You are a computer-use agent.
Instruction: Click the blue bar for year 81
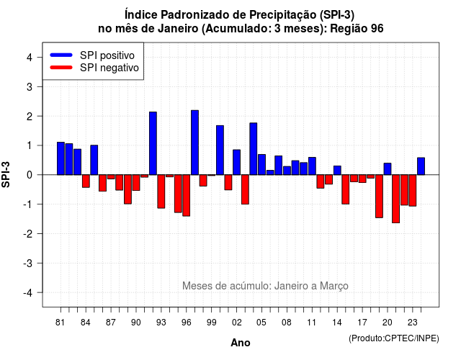coord(61,158)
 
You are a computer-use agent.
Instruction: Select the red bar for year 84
coord(86,181)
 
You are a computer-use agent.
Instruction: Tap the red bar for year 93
coord(161,192)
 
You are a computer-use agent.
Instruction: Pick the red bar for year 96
coord(186,195)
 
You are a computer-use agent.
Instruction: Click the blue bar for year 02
coord(237,162)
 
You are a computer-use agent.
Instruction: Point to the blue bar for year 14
coord(337,170)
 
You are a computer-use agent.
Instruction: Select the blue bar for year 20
coord(388,169)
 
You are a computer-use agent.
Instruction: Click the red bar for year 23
coord(413,190)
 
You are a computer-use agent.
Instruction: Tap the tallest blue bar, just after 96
coord(194,143)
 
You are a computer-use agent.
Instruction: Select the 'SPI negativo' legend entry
coord(94,68)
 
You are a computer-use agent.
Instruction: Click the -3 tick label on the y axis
coord(28,263)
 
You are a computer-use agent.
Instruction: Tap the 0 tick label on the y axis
coord(30,175)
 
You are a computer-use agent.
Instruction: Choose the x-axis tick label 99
coord(211,323)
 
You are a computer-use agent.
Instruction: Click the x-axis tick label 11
coord(312,323)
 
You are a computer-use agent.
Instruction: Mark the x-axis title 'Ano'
coord(241,343)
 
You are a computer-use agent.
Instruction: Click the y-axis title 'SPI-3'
coord(6,174)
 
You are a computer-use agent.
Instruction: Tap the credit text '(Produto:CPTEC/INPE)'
coord(394,338)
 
